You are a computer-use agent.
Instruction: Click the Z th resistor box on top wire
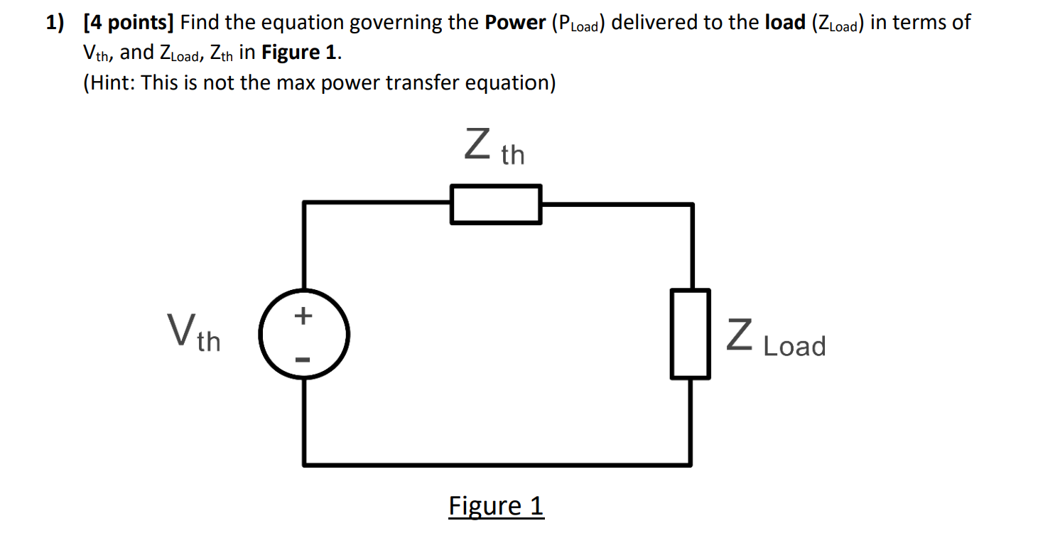[x=496, y=204]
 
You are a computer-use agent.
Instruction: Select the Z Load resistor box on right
[x=690, y=333]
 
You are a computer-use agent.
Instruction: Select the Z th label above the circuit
[x=494, y=147]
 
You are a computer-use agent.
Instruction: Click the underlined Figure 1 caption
[x=496, y=506]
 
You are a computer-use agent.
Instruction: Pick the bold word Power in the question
[x=515, y=23]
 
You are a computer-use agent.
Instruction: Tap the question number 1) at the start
[x=56, y=23]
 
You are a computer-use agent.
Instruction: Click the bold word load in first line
[x=784, y=23]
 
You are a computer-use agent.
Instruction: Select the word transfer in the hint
[x=421, y=82]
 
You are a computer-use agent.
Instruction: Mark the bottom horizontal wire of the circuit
[x=497, y=465]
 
